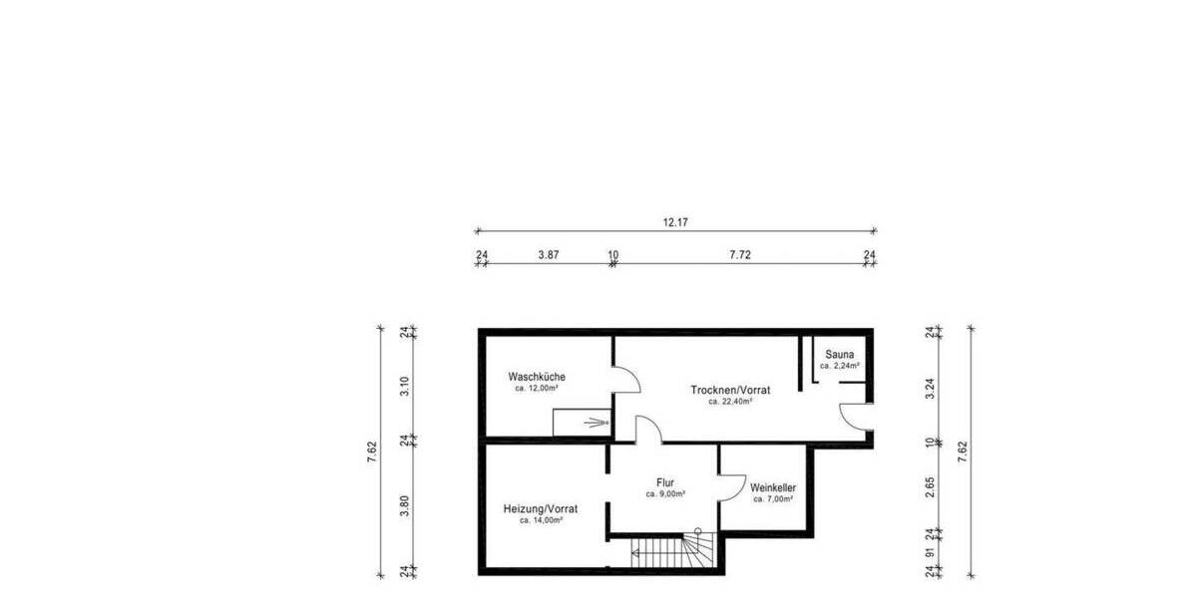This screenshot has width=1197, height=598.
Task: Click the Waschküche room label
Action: click(537, 377)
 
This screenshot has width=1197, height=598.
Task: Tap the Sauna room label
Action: click(839, 354)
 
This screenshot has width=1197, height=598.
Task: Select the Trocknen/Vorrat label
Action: click(729, 390)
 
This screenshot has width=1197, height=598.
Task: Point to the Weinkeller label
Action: click(773, 487)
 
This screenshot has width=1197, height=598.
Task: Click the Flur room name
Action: click(664, 482)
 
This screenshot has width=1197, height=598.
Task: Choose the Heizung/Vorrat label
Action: click(541, 508)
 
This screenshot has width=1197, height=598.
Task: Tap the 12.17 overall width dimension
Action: click(675, 222)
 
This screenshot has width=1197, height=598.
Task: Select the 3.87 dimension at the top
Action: click(548, 255)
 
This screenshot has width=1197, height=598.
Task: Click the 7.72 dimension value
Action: click(739, 255)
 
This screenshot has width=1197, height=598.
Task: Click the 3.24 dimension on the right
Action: click(930, 386)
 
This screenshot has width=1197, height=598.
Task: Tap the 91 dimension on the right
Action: click(930, 553)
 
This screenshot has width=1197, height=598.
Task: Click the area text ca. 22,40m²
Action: click(729, 402)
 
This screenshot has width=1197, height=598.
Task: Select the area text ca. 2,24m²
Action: click(839, 366)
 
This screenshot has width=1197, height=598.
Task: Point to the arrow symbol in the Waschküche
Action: click(597, 423)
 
